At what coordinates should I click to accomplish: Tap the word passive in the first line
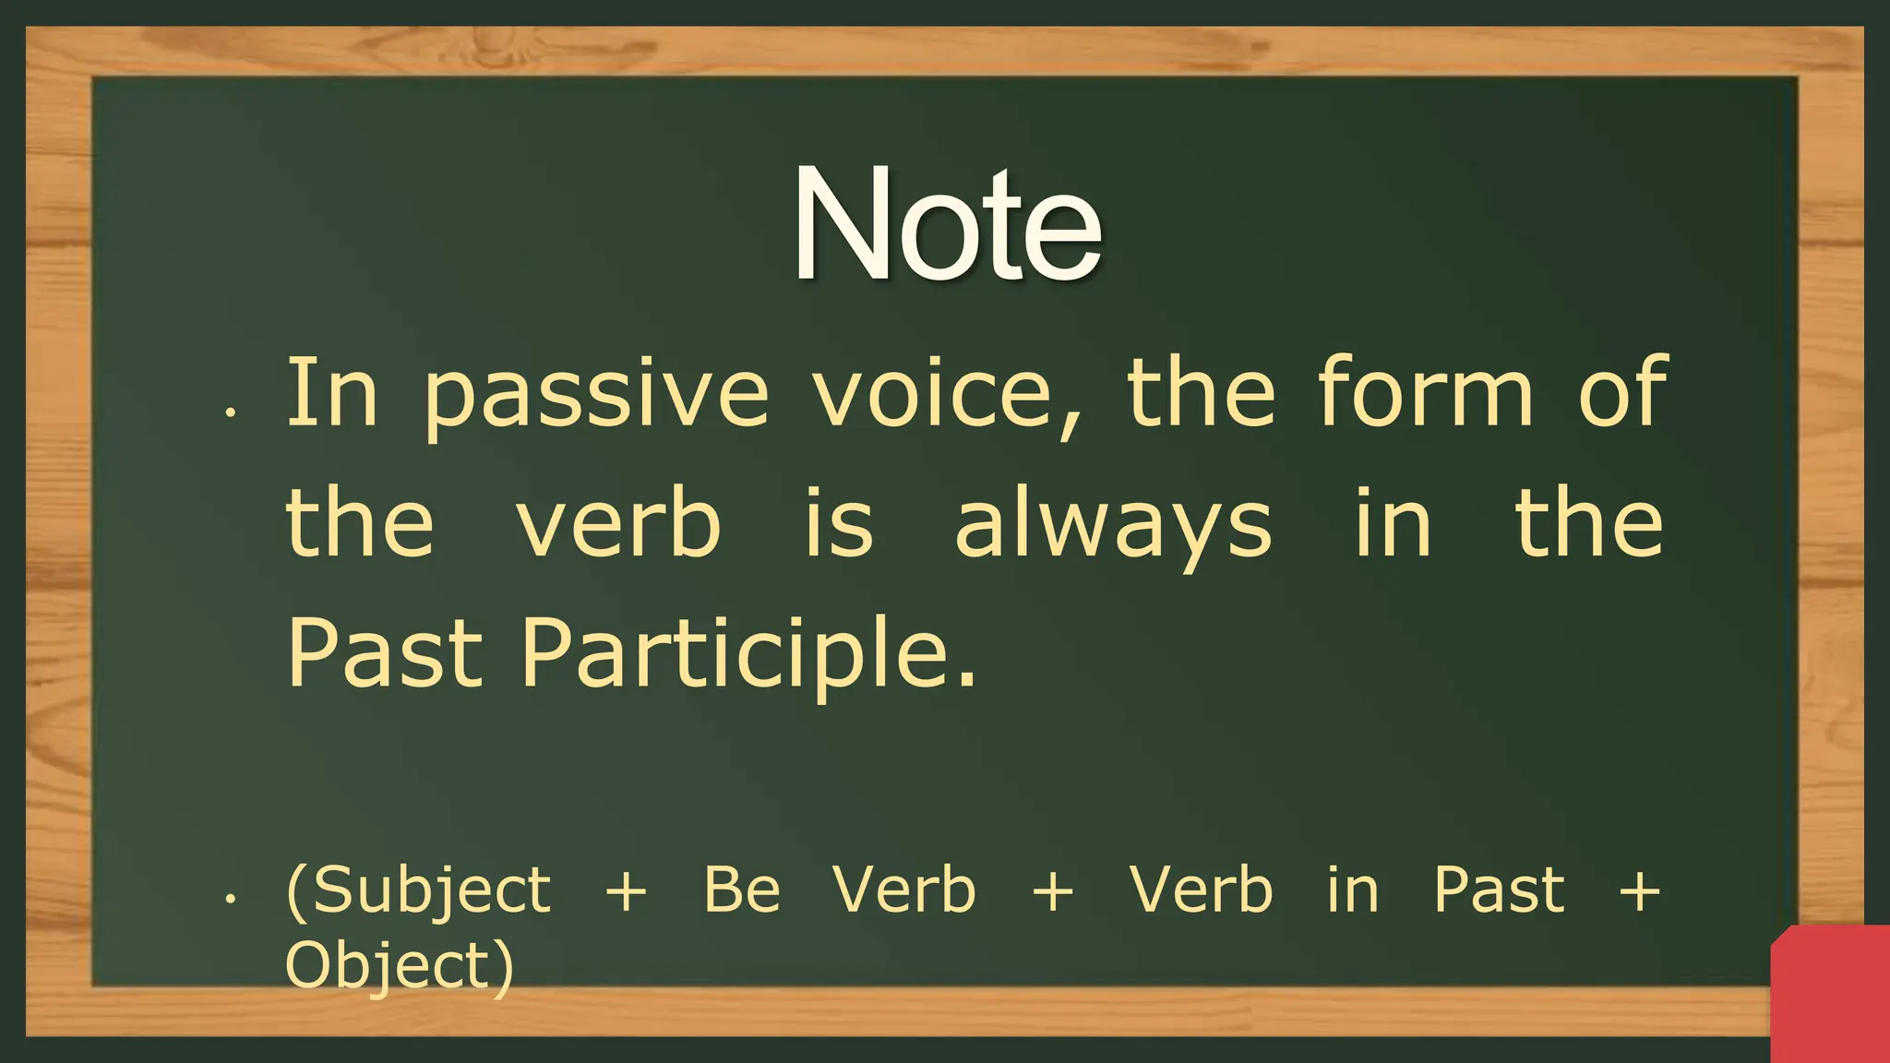tap(596, 395)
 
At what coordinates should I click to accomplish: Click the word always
tap(1113, 526)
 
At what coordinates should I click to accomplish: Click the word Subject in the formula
tap(421, 891)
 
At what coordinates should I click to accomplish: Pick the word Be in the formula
tap(742, 890)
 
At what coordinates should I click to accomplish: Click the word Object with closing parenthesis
tap(399, 966)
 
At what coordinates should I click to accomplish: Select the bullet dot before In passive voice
tap(232, 412)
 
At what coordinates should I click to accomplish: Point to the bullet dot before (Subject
tap(232, 897)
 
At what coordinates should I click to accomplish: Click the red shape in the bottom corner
tap(1831, 997)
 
